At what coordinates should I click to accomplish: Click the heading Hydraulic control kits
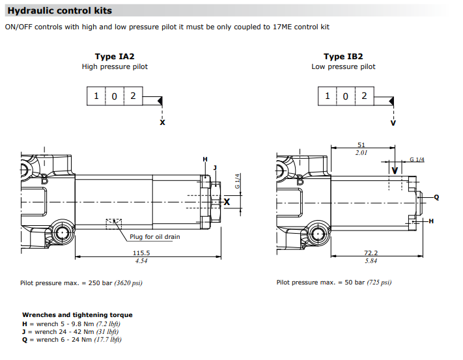(x=59, y=10)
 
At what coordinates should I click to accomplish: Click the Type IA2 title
(x=115, y=57)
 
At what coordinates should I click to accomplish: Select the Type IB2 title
(x=343, y=57)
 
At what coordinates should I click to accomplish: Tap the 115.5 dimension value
(x=141, y=253)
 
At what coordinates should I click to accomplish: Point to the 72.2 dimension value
(x=371, y=253)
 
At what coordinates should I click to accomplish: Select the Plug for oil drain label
(x=154, y=237)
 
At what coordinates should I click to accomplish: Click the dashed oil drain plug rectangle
(x=113, y=223)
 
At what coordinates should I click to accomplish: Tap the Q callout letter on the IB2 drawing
(x=436, y=197)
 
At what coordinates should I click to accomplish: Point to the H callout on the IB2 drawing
(x=431, y=221)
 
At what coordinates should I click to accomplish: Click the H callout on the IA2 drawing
(x=204, y=159)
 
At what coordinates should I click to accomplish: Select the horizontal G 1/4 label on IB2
(x=417, y=160)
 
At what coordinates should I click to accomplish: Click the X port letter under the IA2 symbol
(x=162, y=122)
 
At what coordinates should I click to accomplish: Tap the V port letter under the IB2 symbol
(x=393, y=122)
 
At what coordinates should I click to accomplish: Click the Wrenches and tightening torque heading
(x=77, y=314)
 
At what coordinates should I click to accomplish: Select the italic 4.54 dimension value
(x=141, y=261)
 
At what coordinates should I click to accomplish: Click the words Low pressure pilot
(x=343, y=66)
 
